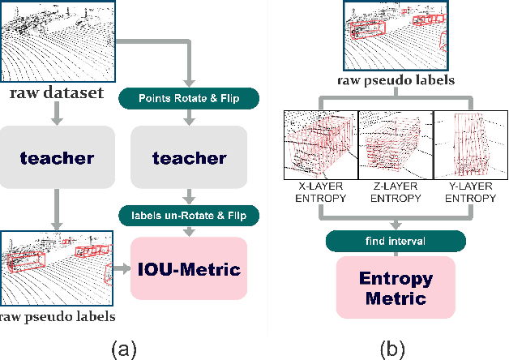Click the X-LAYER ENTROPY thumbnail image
(x=319, y=145)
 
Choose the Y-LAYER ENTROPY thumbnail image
(x=472, y=145)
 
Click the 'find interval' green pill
(x=396, y=241)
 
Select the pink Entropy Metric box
(x=396, y=288)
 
